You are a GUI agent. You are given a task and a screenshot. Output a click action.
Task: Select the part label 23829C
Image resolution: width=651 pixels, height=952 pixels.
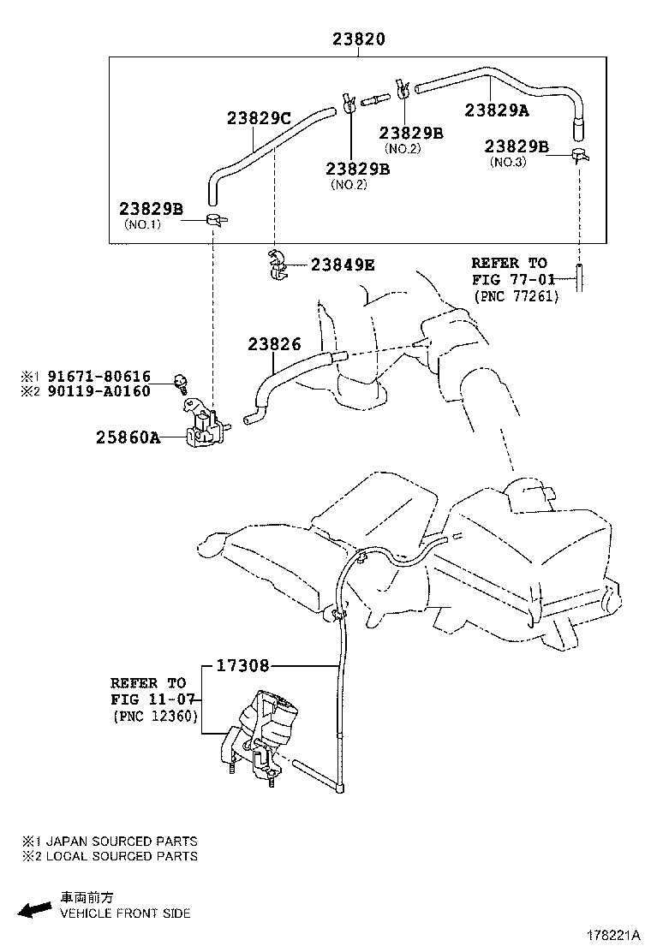260,118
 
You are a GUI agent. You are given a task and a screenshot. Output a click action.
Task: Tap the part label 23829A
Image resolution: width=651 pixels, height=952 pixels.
497,110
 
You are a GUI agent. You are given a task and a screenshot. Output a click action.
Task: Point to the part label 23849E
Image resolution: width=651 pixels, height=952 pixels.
343,265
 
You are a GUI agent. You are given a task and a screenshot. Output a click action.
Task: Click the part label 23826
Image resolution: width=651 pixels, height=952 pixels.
274,344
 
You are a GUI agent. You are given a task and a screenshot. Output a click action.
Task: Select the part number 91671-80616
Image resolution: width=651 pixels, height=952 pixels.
99,376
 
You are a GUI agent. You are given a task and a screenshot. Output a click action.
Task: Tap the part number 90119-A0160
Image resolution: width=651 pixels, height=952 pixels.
99,391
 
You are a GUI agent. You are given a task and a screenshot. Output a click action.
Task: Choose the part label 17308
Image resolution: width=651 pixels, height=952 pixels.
242,664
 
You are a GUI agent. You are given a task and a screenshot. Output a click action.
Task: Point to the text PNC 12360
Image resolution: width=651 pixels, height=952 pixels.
155,717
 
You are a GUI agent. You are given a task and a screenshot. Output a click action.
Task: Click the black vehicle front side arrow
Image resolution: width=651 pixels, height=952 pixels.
34,909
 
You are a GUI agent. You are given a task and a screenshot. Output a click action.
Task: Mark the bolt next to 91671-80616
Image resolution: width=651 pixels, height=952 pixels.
182,379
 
